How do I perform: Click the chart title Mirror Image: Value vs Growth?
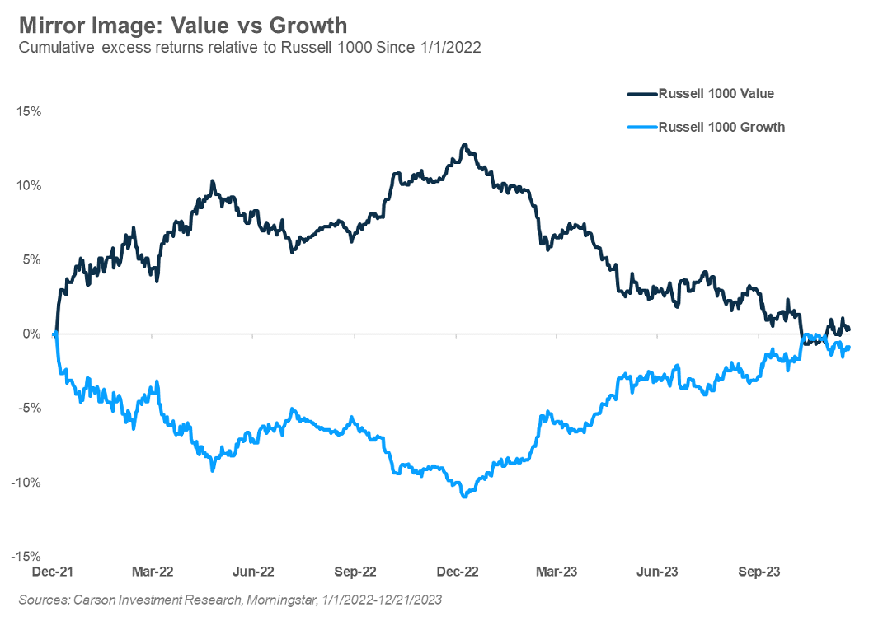(x=183, y=25)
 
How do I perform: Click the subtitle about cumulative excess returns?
(x=249, y=48)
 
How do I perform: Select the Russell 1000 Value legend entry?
(x=715, y=94)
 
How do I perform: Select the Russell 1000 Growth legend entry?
(x=721, y=127)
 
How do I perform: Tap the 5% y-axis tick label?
(x=32, y=259)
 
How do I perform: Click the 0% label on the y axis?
(x=32, y=334)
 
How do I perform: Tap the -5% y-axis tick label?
(x=31, y=408)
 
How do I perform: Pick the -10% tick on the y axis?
(x=28, y=482)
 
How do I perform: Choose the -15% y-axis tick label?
(x=28, y=556)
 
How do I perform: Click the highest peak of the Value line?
(x=465, y=146)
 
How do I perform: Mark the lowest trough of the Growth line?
(x=465, y=496)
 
